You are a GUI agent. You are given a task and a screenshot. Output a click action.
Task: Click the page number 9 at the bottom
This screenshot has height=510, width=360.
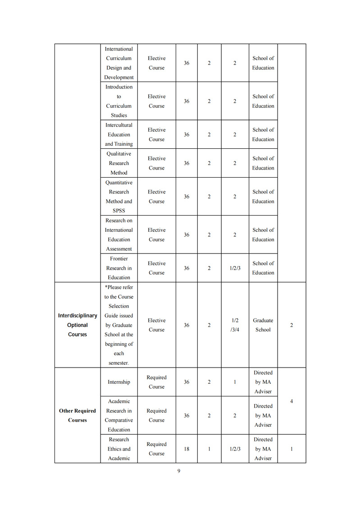pyautogui.click(x=179, y=471)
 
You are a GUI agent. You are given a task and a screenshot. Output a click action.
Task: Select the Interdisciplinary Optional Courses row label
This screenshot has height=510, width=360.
pyautogui.click(x=77, y=325)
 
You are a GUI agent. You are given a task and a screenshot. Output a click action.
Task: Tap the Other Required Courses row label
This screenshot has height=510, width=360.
pyautogui.click(x=77, y=415)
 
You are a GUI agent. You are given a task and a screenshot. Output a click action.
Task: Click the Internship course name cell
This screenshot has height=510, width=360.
pyautogui.click(x=119, y=382)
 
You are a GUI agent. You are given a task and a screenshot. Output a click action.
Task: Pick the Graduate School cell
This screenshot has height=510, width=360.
pyautogui.click(x=263, y=325)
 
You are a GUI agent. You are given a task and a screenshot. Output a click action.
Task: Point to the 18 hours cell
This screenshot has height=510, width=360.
pyautogui.click(x=187, y=449)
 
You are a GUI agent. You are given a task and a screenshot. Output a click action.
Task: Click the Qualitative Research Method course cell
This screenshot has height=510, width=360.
pyautogui.click(x=119, y=163)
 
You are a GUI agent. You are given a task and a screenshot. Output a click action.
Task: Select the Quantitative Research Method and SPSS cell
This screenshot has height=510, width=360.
pyautogui.click(x=119, y=197)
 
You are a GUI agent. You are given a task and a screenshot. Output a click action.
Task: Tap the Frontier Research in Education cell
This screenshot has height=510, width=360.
pyautogui.click(x=119, y=268)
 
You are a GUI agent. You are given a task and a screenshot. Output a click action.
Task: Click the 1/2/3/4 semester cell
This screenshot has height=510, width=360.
pyautogui.click(x=235, y=325)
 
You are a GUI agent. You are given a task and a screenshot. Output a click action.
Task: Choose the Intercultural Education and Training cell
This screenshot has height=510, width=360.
pyautogui.click(x=119, y=134)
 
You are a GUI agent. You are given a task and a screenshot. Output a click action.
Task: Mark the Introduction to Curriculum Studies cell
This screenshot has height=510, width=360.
pyautogui.click(x=119, y=101)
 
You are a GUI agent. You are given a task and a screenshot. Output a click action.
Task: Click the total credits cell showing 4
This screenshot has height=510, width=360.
pyautogui.click(x=292, y=401)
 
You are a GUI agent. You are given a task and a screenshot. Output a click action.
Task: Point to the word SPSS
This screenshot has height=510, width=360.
pyautogui.click(x=119, y=211)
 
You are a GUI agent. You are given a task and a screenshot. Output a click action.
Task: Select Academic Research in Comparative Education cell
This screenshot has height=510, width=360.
pyautogui.click(x=119, y=415)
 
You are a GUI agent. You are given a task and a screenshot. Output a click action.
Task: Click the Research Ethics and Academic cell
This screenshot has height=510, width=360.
pyautogui.click(x=119, y=449)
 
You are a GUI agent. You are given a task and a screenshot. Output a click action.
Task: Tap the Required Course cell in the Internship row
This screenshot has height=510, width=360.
pyautogui.click(x=156, y=382)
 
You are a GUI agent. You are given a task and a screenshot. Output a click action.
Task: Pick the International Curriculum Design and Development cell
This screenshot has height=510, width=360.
pyautogui.click(x=119, y=63)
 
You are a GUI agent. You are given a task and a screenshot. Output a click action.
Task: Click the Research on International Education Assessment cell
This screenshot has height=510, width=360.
pyautogui.click(x=119, y=234)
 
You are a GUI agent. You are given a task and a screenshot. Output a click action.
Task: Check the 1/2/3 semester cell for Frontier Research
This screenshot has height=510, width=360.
pyautogui.click(x=235, y=268)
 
